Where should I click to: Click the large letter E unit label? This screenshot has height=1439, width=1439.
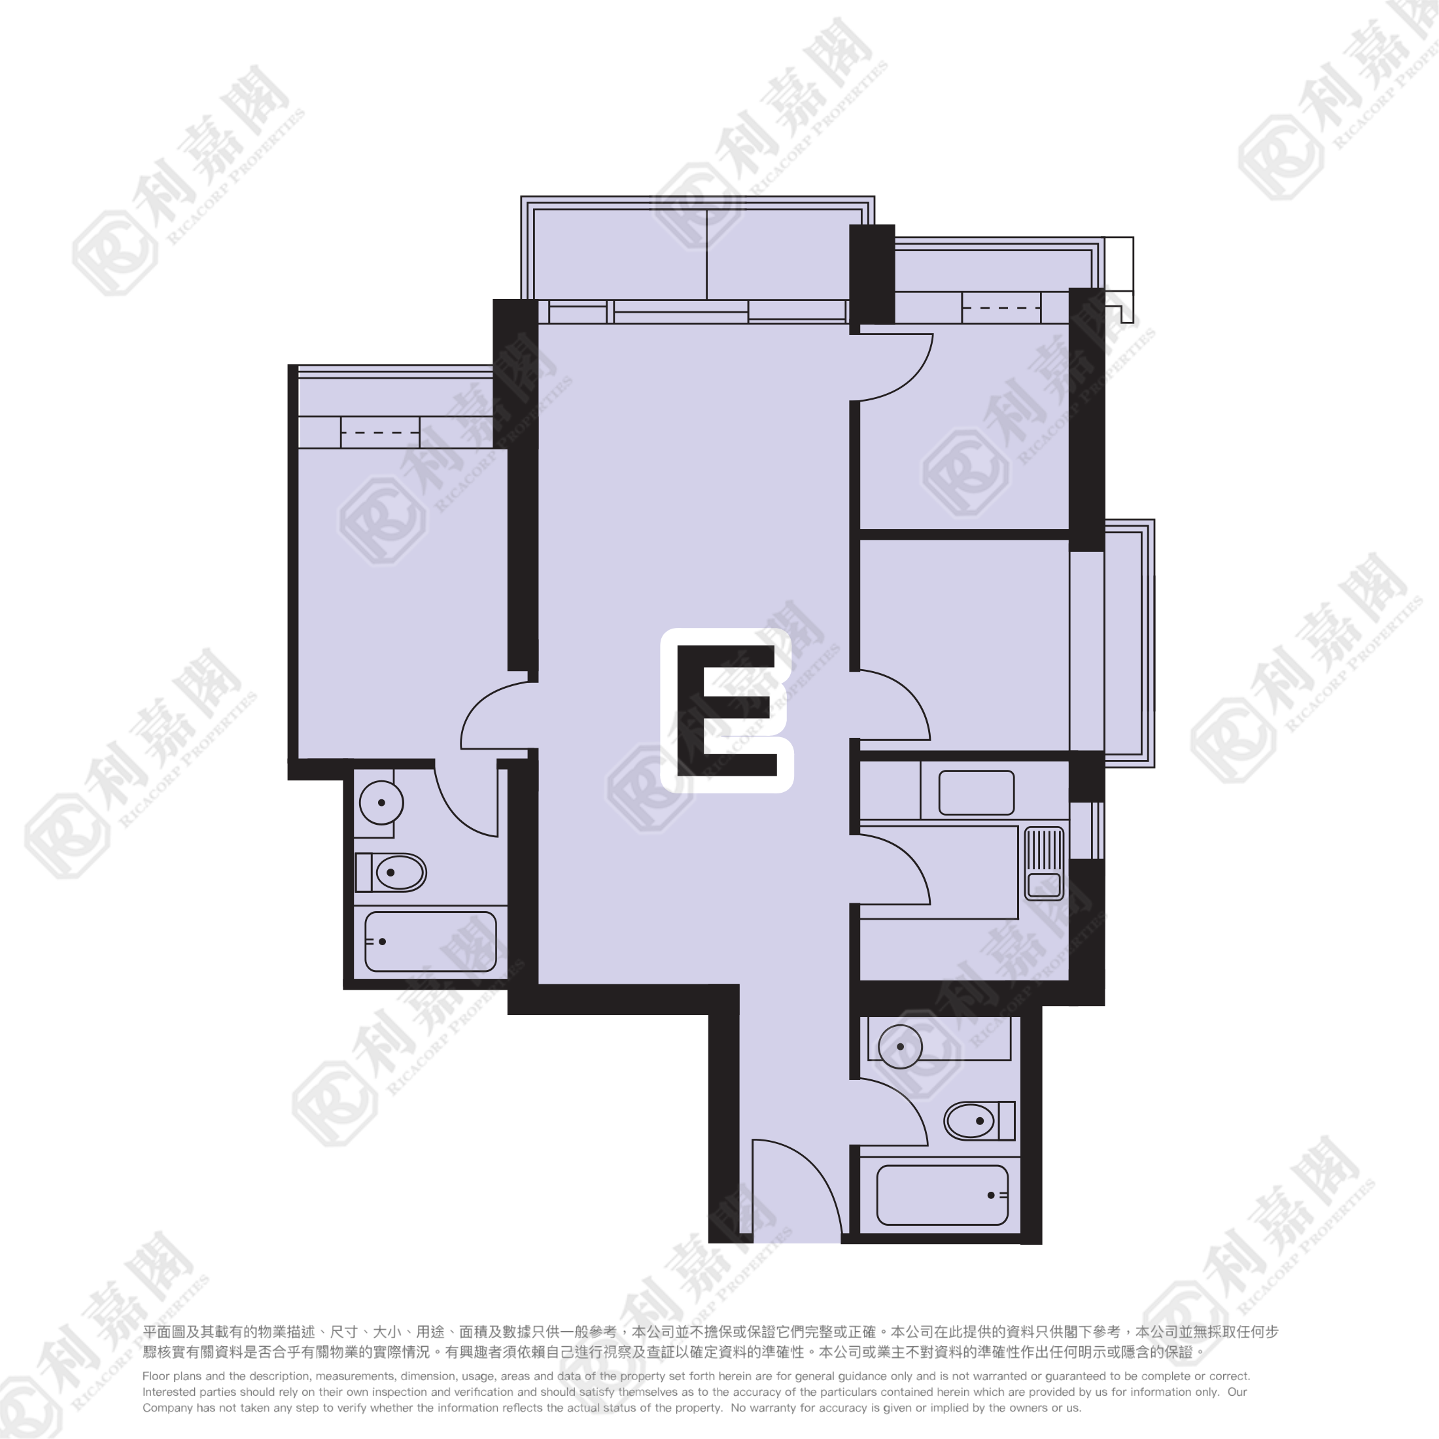point(726,710)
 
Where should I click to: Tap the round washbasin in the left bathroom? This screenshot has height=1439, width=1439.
point(381,803)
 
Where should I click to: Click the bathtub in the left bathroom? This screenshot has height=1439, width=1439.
point(430,941)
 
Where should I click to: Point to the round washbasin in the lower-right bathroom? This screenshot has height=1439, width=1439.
point(901,1047)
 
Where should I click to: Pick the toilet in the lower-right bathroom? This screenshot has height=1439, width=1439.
point(979,1120)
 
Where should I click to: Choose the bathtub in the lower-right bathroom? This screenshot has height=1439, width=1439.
point(942,1195)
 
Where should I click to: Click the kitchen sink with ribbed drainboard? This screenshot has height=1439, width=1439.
point(1044,863)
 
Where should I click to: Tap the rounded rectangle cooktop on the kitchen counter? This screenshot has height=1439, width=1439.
point(977,793)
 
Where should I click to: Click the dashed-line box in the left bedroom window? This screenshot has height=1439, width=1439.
point(380,432)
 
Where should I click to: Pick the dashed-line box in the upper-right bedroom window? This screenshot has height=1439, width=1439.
point(1001,307)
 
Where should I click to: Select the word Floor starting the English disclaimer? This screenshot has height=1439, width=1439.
point(156,1376)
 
